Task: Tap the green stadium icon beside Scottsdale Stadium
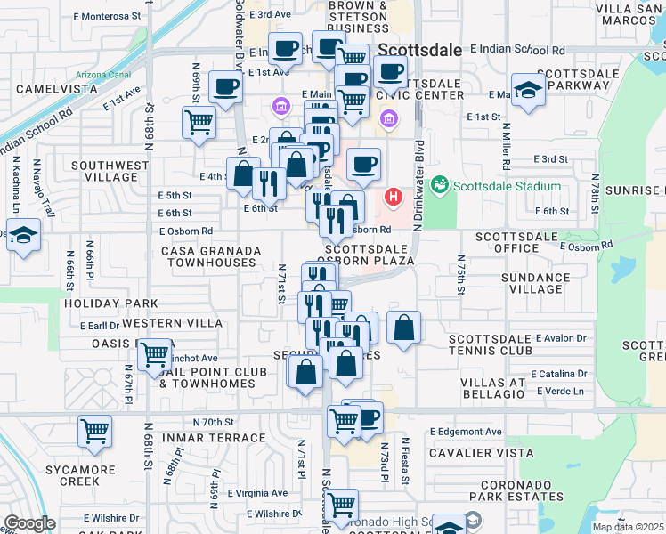point(438,186)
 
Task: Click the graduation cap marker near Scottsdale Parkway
point(529,91)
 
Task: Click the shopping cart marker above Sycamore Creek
point(94,432)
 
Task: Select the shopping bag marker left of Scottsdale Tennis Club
point(404,328)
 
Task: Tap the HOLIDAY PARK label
point(98,303)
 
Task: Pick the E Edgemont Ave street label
point(466,432)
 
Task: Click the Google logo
point(30,523)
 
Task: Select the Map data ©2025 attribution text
point(627,527)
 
